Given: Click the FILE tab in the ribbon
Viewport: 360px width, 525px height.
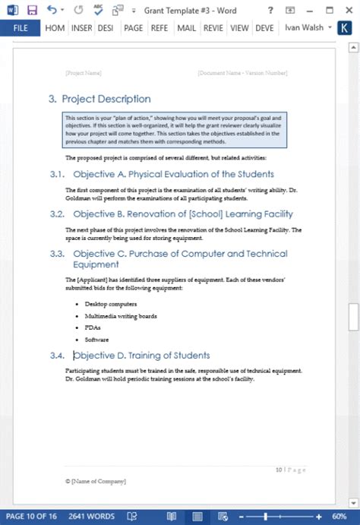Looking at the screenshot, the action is pos(21,28).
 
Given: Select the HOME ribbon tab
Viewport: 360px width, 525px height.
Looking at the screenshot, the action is pos(55,28).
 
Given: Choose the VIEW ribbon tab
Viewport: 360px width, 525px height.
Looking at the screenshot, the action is pos(239,28).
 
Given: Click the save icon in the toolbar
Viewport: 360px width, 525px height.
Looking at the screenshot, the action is pos(32,10).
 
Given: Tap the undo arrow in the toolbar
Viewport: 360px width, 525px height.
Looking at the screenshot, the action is pos(51,10).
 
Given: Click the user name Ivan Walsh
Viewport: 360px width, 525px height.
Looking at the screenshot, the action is pos(305,28).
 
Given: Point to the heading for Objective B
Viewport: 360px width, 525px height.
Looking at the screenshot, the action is pos(182,214).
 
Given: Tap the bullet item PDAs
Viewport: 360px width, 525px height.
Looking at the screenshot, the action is pos(93,327).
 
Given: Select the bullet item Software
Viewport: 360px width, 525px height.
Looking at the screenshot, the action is pos(96,340).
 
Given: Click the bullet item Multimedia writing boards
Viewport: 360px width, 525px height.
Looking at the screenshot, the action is pos(122,316).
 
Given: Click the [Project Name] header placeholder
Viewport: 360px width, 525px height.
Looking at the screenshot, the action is pos(84,73).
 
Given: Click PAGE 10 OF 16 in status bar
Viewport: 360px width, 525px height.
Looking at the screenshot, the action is pos(31,517).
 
